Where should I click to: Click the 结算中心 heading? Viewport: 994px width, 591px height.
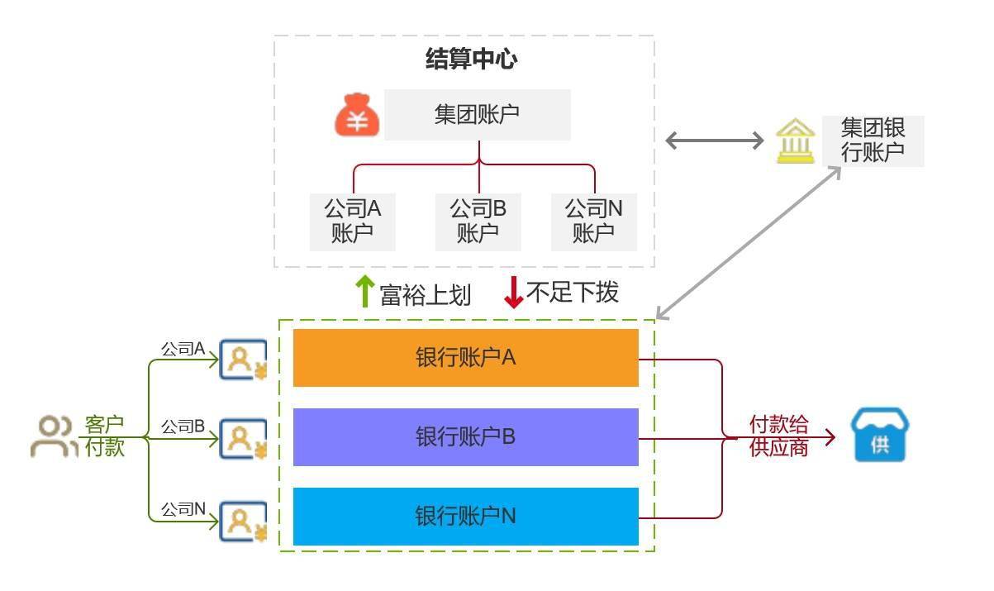pyautogui.click(x=471, y=60)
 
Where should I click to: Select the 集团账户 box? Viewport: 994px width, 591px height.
pyautogui.click(x=478, y=115)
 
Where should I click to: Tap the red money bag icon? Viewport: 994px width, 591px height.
pyautogui.click(x=357, y=116)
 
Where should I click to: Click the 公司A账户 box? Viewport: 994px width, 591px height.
pyautogui.click(x=353, y=222)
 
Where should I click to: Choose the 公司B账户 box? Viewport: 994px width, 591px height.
pyautogui.click(x=478, y=222)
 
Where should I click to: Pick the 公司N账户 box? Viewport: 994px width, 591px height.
pyautogui.click(x=593, y=222)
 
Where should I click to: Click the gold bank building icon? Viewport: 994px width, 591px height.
pyautogui.click(x=796, y=141)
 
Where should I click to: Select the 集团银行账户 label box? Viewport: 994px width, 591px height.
pyautogui.click(x=873, y=141)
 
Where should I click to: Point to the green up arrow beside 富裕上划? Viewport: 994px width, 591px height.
pyautogui.click(x=364, y=293)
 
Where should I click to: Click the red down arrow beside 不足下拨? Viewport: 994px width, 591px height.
pyautogui.click(x=514, y=293)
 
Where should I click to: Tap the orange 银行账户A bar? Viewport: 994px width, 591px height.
pyautogui.click(x=466, y=358)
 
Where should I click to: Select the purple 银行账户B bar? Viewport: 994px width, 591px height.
pyautogui.click(x=466, y=437)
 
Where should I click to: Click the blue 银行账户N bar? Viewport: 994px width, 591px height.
pyautogui.click(x=466, y=517)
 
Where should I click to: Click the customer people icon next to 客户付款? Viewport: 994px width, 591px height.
pyautogui.click(x=54, y=436)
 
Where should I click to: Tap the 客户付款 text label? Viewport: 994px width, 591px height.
pyautogui.click(x=105, y=436)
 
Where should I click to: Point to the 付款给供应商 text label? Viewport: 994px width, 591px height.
pyautogui.click(x=778, y=436)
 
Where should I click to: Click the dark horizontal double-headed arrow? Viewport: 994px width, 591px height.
pyautogui.click(x=715, y=141)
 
